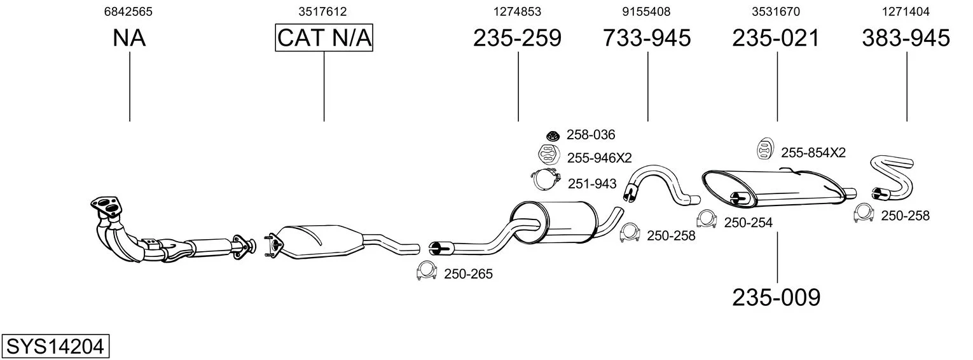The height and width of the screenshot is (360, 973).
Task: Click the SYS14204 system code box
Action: [55, 347]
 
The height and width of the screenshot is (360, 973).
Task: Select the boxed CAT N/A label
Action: [324, 38]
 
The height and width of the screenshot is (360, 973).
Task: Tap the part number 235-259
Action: [517, 38]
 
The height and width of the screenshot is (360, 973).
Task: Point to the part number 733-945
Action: [647, 38]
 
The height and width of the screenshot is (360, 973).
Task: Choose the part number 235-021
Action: [776, 38]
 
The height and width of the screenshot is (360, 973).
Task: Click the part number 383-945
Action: [906, 38]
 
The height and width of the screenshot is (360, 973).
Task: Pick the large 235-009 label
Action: [776, 297]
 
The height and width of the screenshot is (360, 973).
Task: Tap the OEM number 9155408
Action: [646, 11]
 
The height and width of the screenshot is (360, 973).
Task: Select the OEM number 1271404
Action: [906, 11]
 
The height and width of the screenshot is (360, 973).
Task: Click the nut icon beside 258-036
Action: [552, 135]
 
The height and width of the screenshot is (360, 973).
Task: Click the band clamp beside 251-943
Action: [544, 181]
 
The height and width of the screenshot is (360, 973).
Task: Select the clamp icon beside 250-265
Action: [425, 272]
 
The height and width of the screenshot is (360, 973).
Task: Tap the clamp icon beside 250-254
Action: [706, 219]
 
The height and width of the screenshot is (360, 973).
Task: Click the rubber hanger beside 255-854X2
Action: [763, 149]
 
